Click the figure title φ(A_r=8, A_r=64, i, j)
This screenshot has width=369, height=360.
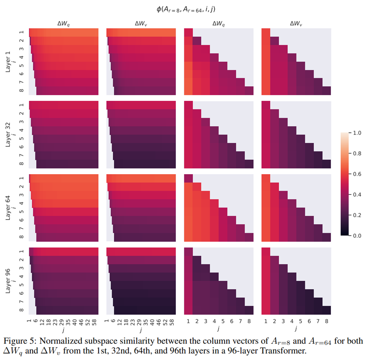point(184,8)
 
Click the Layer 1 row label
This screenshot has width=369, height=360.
point(9,62)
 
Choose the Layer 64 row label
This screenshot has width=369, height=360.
point(9,207)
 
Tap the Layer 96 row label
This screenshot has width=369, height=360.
point(9,280)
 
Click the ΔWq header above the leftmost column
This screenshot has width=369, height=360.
point(64,24)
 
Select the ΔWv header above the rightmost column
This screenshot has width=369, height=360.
point(296,24)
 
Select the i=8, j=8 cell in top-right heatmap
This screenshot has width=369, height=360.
point(326,91)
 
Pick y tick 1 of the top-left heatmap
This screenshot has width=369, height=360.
point(22,33)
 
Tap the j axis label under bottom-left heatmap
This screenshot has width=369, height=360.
point(64,329)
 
